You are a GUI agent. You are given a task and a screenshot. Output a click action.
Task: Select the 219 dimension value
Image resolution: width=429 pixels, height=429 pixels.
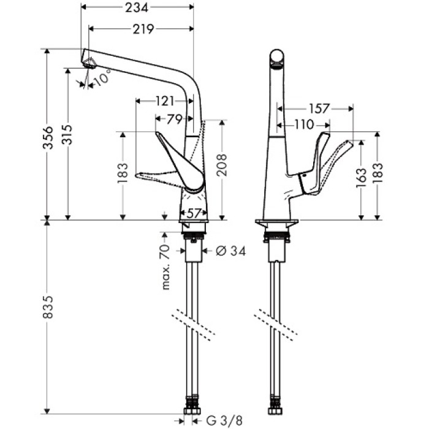click(142, 29)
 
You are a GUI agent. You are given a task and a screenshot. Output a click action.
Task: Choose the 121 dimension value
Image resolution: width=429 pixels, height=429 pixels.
click(164, 101)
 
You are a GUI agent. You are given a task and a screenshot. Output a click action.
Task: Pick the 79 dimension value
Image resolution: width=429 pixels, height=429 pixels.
click(174, 118)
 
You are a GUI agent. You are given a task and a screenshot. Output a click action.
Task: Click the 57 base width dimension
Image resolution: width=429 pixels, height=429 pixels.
click(194, 213)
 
